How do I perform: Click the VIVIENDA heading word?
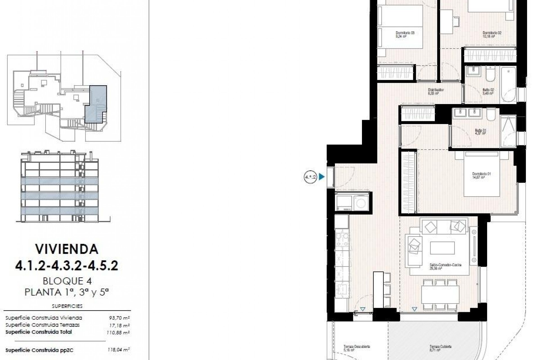[x=67, y=249]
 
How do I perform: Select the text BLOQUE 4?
[x=67, y=281]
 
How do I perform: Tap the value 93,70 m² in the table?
[x=119, y=318]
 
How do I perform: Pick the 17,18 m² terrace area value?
[x=119, y=325]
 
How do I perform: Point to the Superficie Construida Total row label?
[x=39, y=332]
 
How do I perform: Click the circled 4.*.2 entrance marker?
[x=310, y=177]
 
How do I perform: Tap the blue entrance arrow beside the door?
[x=322, y=177]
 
